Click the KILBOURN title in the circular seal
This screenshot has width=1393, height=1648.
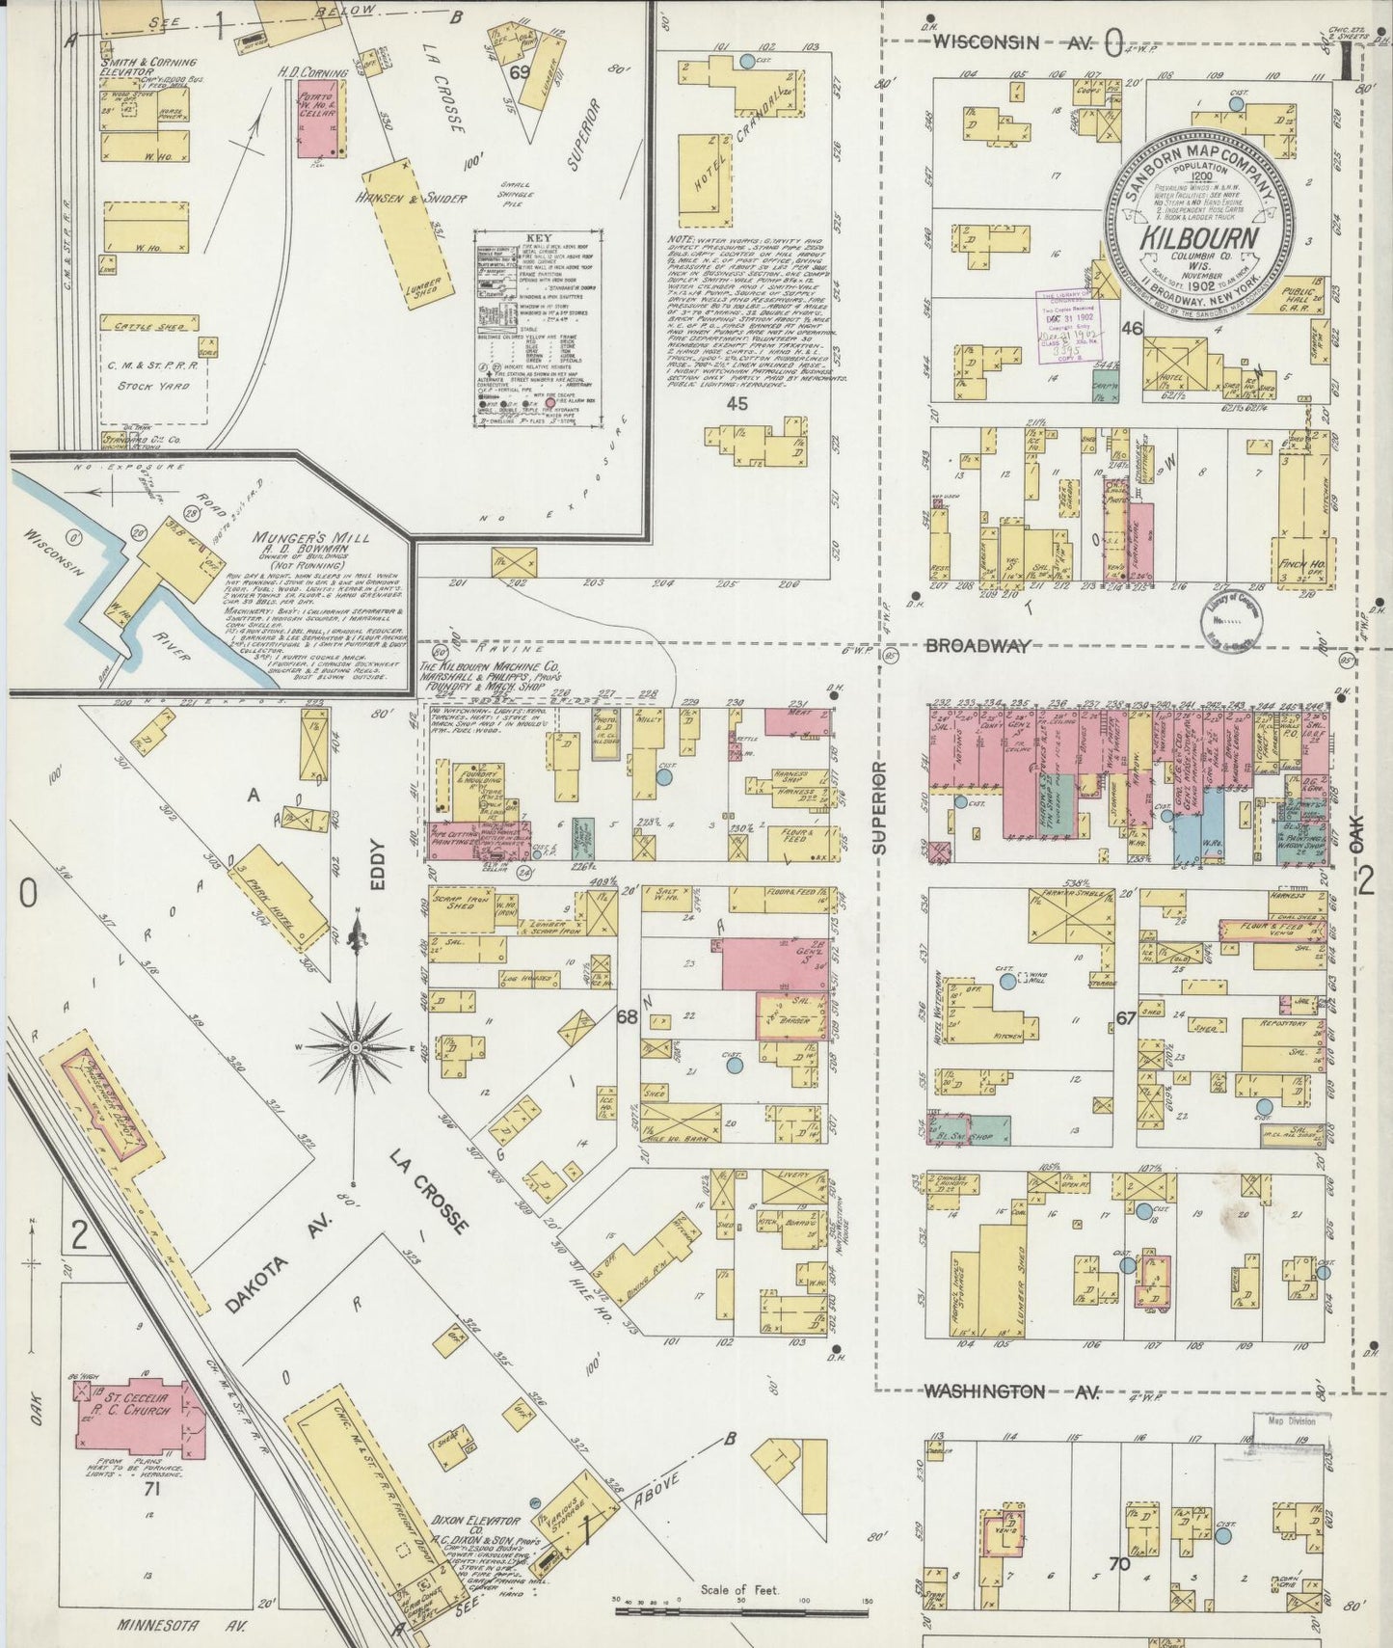click(x=1199, y=238)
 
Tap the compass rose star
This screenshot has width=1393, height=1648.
click(x=356, y=1046)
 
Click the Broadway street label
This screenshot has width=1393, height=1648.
click(x=978, y=645)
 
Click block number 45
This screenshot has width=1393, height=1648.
click(x=737, y=403)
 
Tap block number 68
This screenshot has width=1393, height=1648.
click(x=628, y=1016)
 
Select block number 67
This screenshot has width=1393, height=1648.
click(x=1125, y=1016)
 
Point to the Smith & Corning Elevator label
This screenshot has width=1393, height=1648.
click(x=147, y=67)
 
